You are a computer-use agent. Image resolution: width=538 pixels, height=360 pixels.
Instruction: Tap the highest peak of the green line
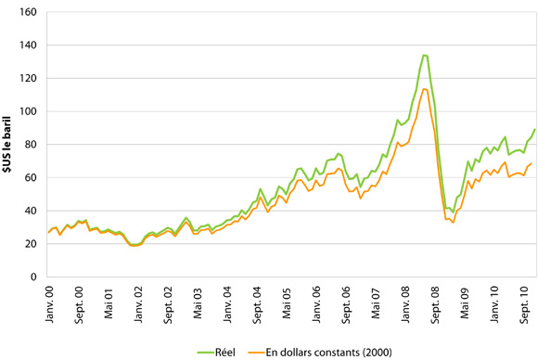coord(424,55)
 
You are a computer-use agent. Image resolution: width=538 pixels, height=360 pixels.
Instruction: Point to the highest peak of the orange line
coord(424,89)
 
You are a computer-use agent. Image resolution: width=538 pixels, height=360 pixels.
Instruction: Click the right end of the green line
coord(534,129)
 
